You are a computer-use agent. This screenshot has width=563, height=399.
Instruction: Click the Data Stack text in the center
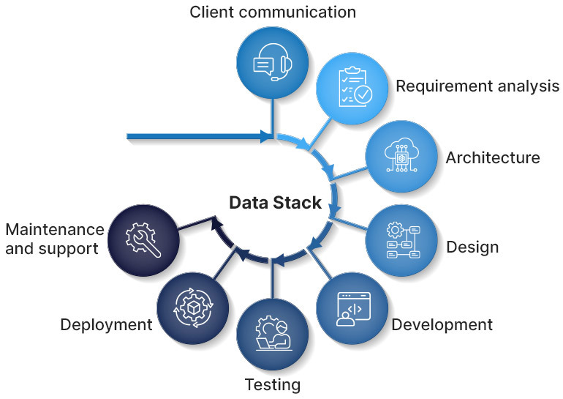pyautogui.click(x=276, y=203)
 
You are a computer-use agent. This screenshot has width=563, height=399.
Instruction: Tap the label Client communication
pyautogui.click(x=273, y=12)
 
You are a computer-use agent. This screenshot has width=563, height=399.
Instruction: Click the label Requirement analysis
pyautogui.click(x=477, y=86)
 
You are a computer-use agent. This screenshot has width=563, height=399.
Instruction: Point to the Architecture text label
pyautogui.click(x=492, y=157)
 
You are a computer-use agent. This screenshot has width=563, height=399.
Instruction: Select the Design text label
pyautogui.click(x=472, y=247)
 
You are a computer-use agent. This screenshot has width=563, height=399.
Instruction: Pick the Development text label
pyautogui.click(x=442, y=324)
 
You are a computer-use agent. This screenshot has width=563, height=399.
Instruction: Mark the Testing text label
pyautogui.click(x=272, y=384)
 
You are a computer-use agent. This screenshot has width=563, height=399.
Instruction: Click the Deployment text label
pyautogui.click(x=107, y=324)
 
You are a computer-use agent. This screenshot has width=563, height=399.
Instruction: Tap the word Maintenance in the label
pyautogui.click(x=54, y=230)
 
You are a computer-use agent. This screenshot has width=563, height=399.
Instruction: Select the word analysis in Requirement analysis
pyautogui.click(x=523, y=86)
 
